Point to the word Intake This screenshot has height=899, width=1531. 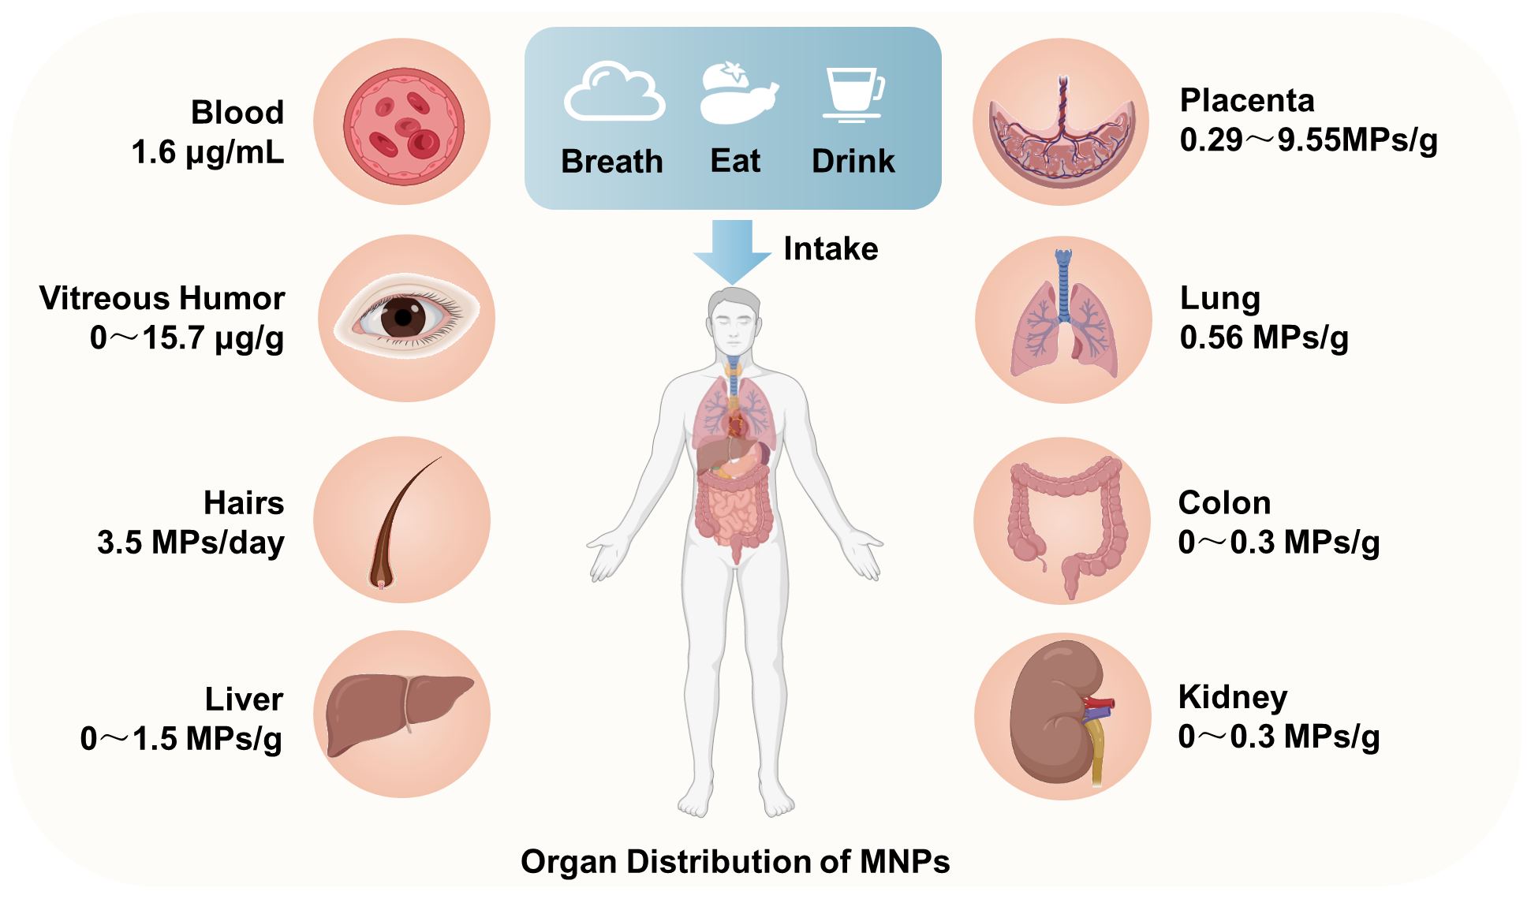[x=831, y=248]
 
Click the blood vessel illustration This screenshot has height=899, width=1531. [x=404, y=126]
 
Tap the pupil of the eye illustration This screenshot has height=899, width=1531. [x=404, y=318]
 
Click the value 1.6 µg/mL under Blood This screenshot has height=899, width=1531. [x=207, y=153]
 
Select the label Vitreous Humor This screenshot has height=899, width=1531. [x=162, y=298]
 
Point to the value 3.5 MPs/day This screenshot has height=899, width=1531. [x=191, y=543]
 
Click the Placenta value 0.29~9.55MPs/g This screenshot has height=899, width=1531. [x=1309, y=140]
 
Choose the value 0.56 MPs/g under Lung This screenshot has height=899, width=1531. [x=1264, y=338]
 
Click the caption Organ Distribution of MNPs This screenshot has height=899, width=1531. [x=735, y=862]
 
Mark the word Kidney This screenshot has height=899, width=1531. [x=1233, y=698]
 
